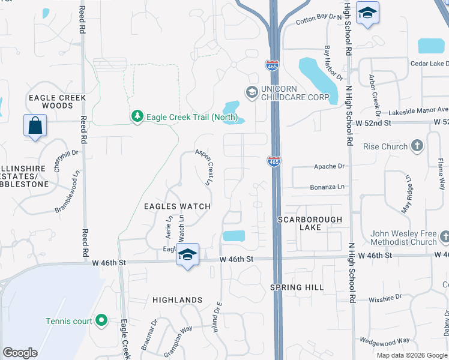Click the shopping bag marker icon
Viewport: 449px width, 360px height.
point(35,126)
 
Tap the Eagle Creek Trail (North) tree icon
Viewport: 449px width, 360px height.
point(137,116)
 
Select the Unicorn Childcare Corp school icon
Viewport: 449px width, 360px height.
point(252,91)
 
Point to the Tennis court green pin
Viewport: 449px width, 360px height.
point(101,321)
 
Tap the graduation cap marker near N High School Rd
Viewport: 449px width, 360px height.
point(367,13)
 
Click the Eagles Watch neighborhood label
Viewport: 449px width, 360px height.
point(177,206)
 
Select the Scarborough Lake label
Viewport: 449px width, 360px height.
point(310,223)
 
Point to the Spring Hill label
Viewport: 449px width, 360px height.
point(301,287)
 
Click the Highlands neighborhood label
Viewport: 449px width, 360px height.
point(177,299)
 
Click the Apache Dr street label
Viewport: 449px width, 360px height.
point(330,166)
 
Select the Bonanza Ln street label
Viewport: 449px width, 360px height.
point(328,187)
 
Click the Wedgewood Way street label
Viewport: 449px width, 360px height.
point(385,341)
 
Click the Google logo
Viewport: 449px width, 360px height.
point(20,353)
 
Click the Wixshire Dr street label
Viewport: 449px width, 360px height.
point(385,297)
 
